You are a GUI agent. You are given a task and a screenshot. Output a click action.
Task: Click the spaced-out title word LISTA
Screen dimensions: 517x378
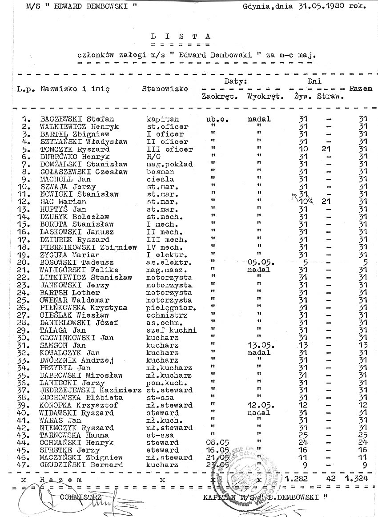180,36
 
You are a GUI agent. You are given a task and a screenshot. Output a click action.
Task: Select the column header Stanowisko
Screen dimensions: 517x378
165,89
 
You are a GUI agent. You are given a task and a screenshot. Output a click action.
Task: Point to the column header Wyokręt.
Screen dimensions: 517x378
265,97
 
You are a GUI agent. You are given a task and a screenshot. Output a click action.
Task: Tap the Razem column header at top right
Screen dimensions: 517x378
360,89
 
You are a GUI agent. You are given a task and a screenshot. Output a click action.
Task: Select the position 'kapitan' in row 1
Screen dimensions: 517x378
163,119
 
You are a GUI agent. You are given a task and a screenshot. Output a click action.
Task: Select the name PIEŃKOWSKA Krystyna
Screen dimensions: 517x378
84,307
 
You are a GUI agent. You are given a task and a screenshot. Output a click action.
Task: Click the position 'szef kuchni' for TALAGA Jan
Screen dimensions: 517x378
171,330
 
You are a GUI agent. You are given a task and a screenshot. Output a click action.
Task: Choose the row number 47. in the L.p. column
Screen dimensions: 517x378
26,465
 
